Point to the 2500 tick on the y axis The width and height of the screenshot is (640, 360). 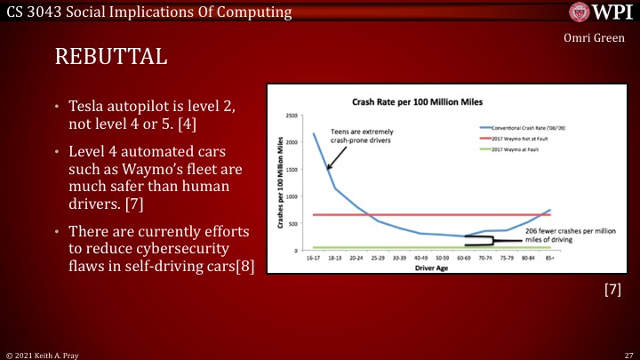pos(292,116)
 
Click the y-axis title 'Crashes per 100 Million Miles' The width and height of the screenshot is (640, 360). pos(280,186)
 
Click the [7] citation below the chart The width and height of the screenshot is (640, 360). pos(612,290)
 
